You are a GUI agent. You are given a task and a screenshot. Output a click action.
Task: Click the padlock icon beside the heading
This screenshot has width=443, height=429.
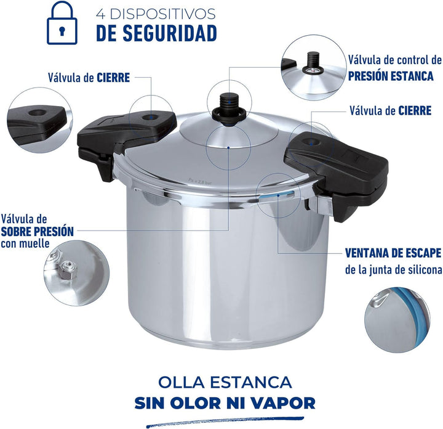(x=62, y=23)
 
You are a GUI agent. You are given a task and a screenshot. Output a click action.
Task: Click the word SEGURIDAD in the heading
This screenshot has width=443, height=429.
(x=170, y=33)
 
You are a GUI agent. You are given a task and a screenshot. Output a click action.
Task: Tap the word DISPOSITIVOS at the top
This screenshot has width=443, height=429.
(x=162, y=14)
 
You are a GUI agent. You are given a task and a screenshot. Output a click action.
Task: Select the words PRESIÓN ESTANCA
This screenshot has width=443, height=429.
(x=391, y=76)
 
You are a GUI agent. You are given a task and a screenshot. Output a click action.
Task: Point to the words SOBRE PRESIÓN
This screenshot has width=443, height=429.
(x=37, y=232)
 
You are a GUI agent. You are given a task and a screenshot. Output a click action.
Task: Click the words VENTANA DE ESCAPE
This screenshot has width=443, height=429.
(x=393, y=253)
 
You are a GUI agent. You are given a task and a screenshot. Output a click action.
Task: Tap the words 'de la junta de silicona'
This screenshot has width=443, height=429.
(x=394, y=269)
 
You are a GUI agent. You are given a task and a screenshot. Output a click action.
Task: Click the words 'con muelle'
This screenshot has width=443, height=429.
(x=25, y=243)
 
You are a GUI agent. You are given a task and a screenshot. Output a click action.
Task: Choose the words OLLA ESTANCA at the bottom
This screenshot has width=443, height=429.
(x=225, y=382)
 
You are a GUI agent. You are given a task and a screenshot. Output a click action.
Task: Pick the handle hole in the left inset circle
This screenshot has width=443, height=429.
(x=36, y=113)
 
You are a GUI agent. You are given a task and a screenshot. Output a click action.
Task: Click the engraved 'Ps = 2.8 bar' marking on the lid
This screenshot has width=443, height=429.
(x=200, y=181)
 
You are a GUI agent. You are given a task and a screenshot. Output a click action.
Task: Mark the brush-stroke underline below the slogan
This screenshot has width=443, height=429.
(x=225, y=422)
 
